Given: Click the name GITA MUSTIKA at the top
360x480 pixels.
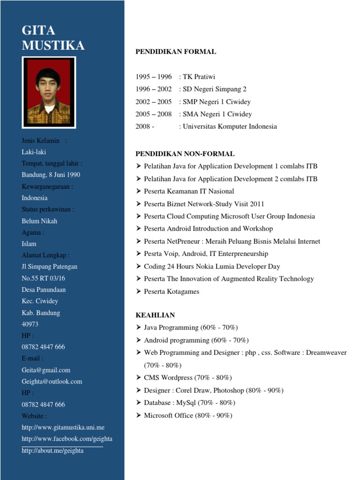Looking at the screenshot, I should point(53,38).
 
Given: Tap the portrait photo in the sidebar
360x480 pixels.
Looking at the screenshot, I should point(49,92).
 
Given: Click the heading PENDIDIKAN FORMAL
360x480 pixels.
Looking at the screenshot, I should point(176,52).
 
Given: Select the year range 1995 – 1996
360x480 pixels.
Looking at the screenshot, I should point(154,76).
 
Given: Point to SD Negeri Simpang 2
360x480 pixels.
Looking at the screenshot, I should point(214,89).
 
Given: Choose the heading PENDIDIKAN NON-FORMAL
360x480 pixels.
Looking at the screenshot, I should point(185,154).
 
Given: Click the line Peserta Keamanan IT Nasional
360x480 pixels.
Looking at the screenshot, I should point(189,191).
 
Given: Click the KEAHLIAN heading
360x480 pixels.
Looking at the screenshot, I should point(155,315).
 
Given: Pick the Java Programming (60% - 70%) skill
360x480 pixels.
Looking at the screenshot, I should point(191,327).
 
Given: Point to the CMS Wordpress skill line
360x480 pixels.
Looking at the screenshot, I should point(187,377).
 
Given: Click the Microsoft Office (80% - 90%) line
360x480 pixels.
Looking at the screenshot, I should point(188,415).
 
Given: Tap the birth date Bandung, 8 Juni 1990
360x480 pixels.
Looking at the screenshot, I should point(51,175).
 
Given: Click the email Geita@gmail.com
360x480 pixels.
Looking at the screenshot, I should point(46,370).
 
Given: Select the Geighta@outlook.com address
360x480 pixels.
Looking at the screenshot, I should point(52,382).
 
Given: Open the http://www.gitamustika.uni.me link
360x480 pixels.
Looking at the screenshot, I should point(63,427).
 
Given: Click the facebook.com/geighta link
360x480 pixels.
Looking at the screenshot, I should point(67,439).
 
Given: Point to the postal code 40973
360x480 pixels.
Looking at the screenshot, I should point(30,324).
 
